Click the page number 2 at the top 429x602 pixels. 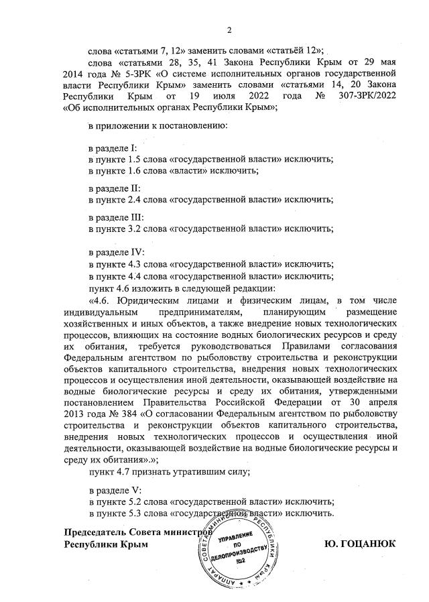229,30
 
